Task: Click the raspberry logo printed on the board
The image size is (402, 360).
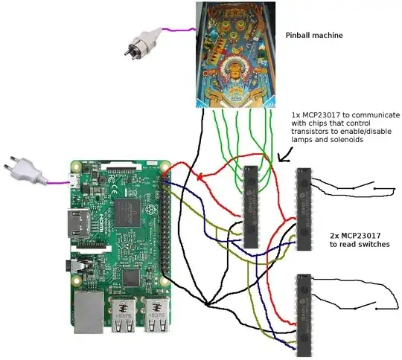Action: pyautogui.click(x=153, y=213)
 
